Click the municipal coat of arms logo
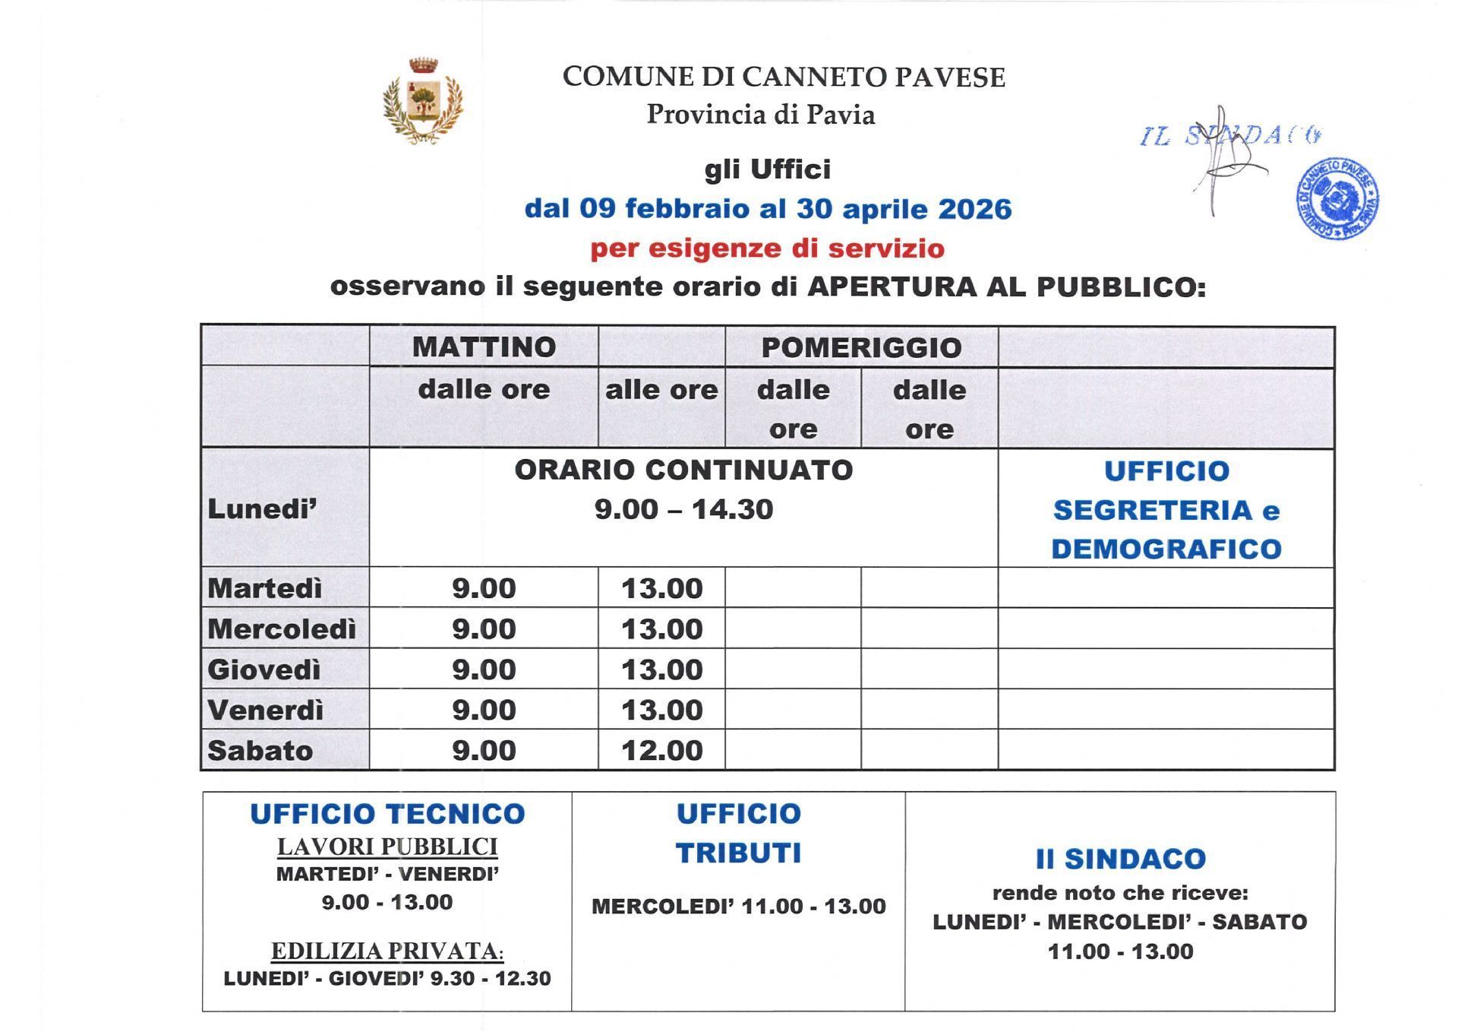click(x=423, y=100)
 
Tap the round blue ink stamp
click(x=1336, y=199)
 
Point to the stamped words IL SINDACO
click(x=1230, y=136)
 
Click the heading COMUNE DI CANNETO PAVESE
click(x=784, y=77)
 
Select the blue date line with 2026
click(x=768, y=209)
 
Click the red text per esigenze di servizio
click(x=768, y=249)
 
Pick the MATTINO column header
click(x=484, y=347)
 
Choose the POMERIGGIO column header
click(x=861, y=347)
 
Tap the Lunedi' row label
click(x=262, y=509)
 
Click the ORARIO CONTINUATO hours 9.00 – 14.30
click(x=683, y=509)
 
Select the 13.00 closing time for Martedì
click(x=661, y=588)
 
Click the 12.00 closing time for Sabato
click(x=661, y=751)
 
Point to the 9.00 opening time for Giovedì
click(x=484, y=670)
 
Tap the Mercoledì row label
click(x=282, y=629)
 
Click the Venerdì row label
click(x=265, y=710)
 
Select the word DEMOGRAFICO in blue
click(x=1166, y=549)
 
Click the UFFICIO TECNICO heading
click(x=387, y=814)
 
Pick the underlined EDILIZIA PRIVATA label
click(x=387, y=951)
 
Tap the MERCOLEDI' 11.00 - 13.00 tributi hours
click(x=738, y=906)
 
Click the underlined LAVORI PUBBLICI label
click(x=387, y=846)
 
